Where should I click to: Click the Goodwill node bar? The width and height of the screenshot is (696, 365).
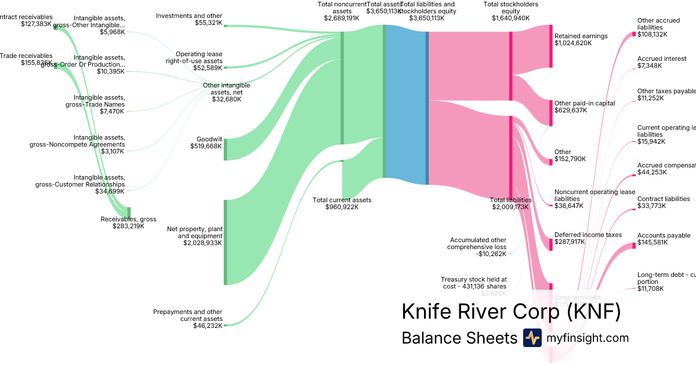click(x=226, y=149)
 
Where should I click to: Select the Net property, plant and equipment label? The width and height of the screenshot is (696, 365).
click(x=194, y=232)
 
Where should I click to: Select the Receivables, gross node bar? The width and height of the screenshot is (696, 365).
click(x=129, y=213)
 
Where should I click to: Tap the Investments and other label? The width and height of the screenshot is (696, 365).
click(x=189, y=16)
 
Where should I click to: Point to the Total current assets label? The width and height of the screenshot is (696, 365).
click(x=342, y=200)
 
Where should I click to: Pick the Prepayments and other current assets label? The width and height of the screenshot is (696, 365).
click(x=187, y=315)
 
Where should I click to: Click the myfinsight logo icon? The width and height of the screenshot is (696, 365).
click(x=532, y=338)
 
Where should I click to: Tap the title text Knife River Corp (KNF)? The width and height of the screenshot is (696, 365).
click(x=511, y=312)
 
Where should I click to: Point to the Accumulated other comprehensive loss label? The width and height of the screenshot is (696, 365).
click(x=478, y=243)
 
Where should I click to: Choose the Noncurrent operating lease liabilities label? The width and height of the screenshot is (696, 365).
click(x=594, y=195)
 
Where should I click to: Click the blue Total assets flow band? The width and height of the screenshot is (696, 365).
click(x=406, y=104)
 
